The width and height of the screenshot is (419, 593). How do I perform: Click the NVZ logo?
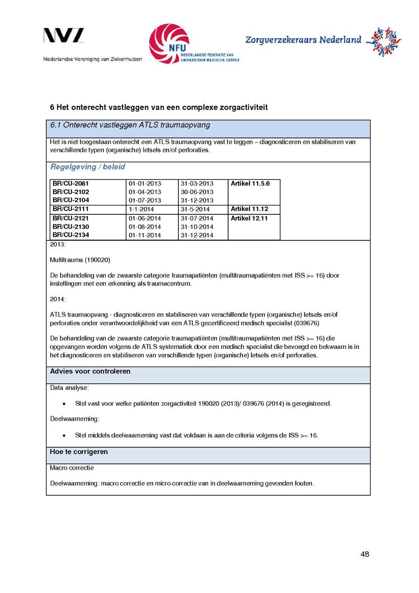click(x=64, y=36)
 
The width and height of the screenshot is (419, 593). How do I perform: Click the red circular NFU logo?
click(x=169, y=43)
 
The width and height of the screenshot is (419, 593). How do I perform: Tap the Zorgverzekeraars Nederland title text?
click(x=303, y=40)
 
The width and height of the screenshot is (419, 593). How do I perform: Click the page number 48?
click(x=365, y=554)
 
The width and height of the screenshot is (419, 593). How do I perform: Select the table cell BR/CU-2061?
click(x=71, y=184)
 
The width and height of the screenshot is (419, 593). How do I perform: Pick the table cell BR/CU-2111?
click(x=71, y=209)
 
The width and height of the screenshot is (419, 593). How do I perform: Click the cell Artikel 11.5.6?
click(x=250, y=184)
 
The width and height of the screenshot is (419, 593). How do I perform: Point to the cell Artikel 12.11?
click(x=249, y=218)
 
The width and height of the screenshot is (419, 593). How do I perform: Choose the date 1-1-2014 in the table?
click(x=141, y=209)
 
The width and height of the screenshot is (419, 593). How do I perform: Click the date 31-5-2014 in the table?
click(x=195, y=209)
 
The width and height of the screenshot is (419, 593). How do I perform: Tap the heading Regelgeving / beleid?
click(x=88, y=167)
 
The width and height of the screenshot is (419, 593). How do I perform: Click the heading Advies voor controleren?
click(x=90, y=371)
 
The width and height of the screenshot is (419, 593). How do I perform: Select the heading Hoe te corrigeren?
click(x=79, y=452)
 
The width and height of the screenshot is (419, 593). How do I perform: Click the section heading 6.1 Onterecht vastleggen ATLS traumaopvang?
click(x=130, y=125)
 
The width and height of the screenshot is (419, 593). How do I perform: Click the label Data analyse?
click(x=69, y=388)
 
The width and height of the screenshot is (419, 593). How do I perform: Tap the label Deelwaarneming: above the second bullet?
click(x=74, y=419)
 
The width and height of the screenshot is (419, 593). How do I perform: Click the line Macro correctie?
click(x=72, y=468)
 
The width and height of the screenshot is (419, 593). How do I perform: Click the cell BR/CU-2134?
click(x=71, y=235)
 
